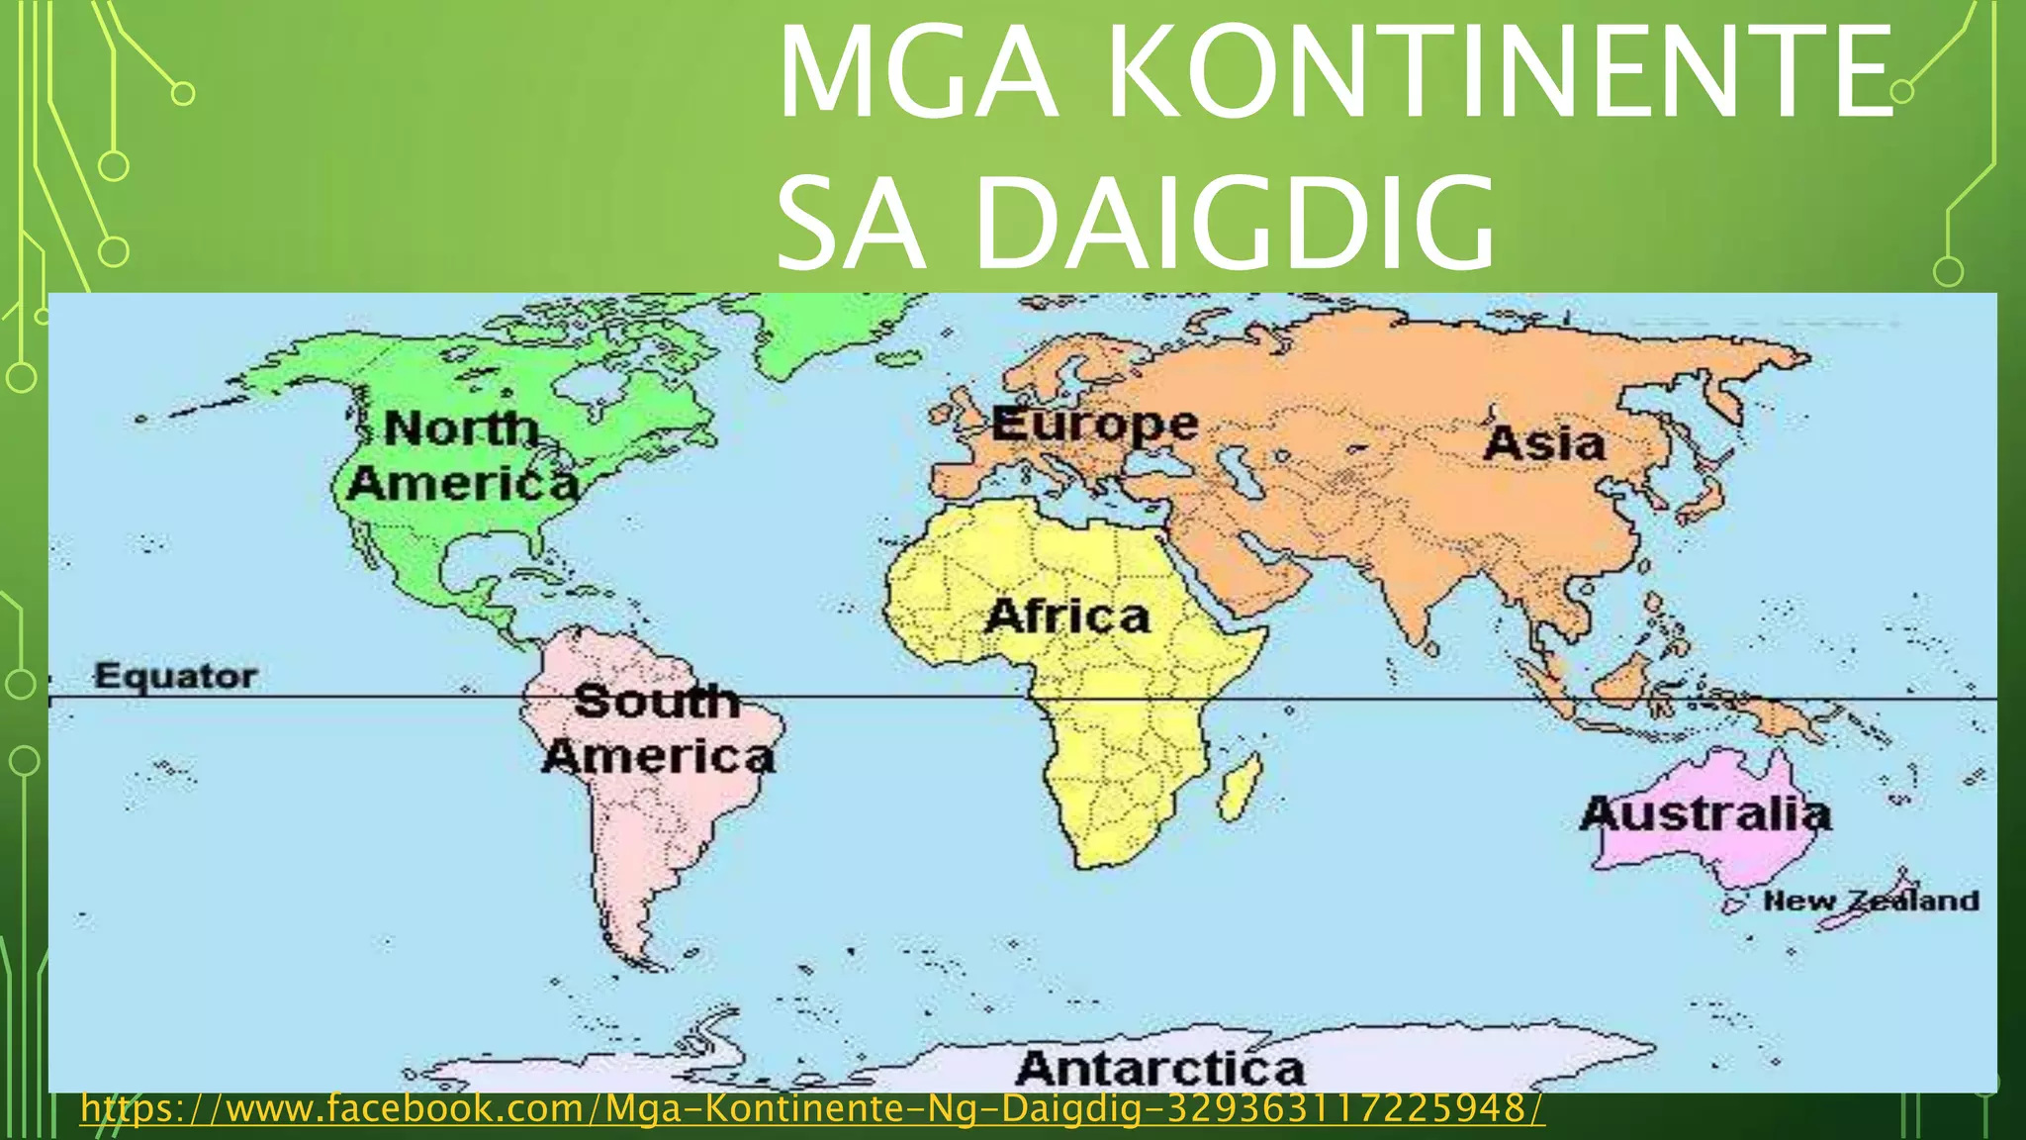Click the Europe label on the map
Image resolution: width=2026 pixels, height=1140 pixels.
click(x=1094, y=425)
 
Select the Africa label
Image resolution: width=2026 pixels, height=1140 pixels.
click(x=1068, y=616)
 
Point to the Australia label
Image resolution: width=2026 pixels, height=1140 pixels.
click(x=1705, y=813)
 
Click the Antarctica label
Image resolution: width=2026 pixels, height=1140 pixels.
click(x=1159, y=1068)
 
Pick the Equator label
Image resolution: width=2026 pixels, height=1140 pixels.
click(x=175, y=676)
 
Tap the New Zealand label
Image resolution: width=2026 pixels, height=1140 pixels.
click(x=1871, y=901)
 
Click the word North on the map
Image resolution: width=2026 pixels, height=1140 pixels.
click(x=461, y=428)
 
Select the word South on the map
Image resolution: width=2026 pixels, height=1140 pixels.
click(x=656, y=701)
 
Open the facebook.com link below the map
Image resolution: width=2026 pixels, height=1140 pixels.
click(x=811, y=1108)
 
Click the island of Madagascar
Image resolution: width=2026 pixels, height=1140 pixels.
click(x=1241, y=787)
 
